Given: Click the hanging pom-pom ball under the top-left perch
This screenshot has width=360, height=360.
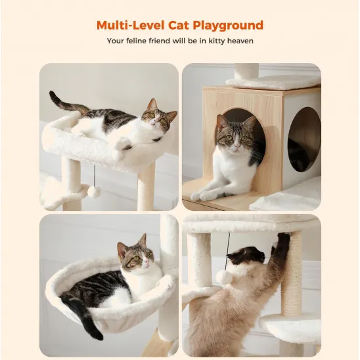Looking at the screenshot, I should [94, 191].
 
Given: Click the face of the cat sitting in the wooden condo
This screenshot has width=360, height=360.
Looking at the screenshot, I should [235, 137].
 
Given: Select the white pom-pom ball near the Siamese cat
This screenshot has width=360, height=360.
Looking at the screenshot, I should [225, 277].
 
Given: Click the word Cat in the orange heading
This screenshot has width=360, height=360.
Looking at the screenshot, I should [181, 26].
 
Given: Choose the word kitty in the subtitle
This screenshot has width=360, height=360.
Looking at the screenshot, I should [213, 41].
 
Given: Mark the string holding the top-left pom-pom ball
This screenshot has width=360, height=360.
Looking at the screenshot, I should [94, 175].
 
